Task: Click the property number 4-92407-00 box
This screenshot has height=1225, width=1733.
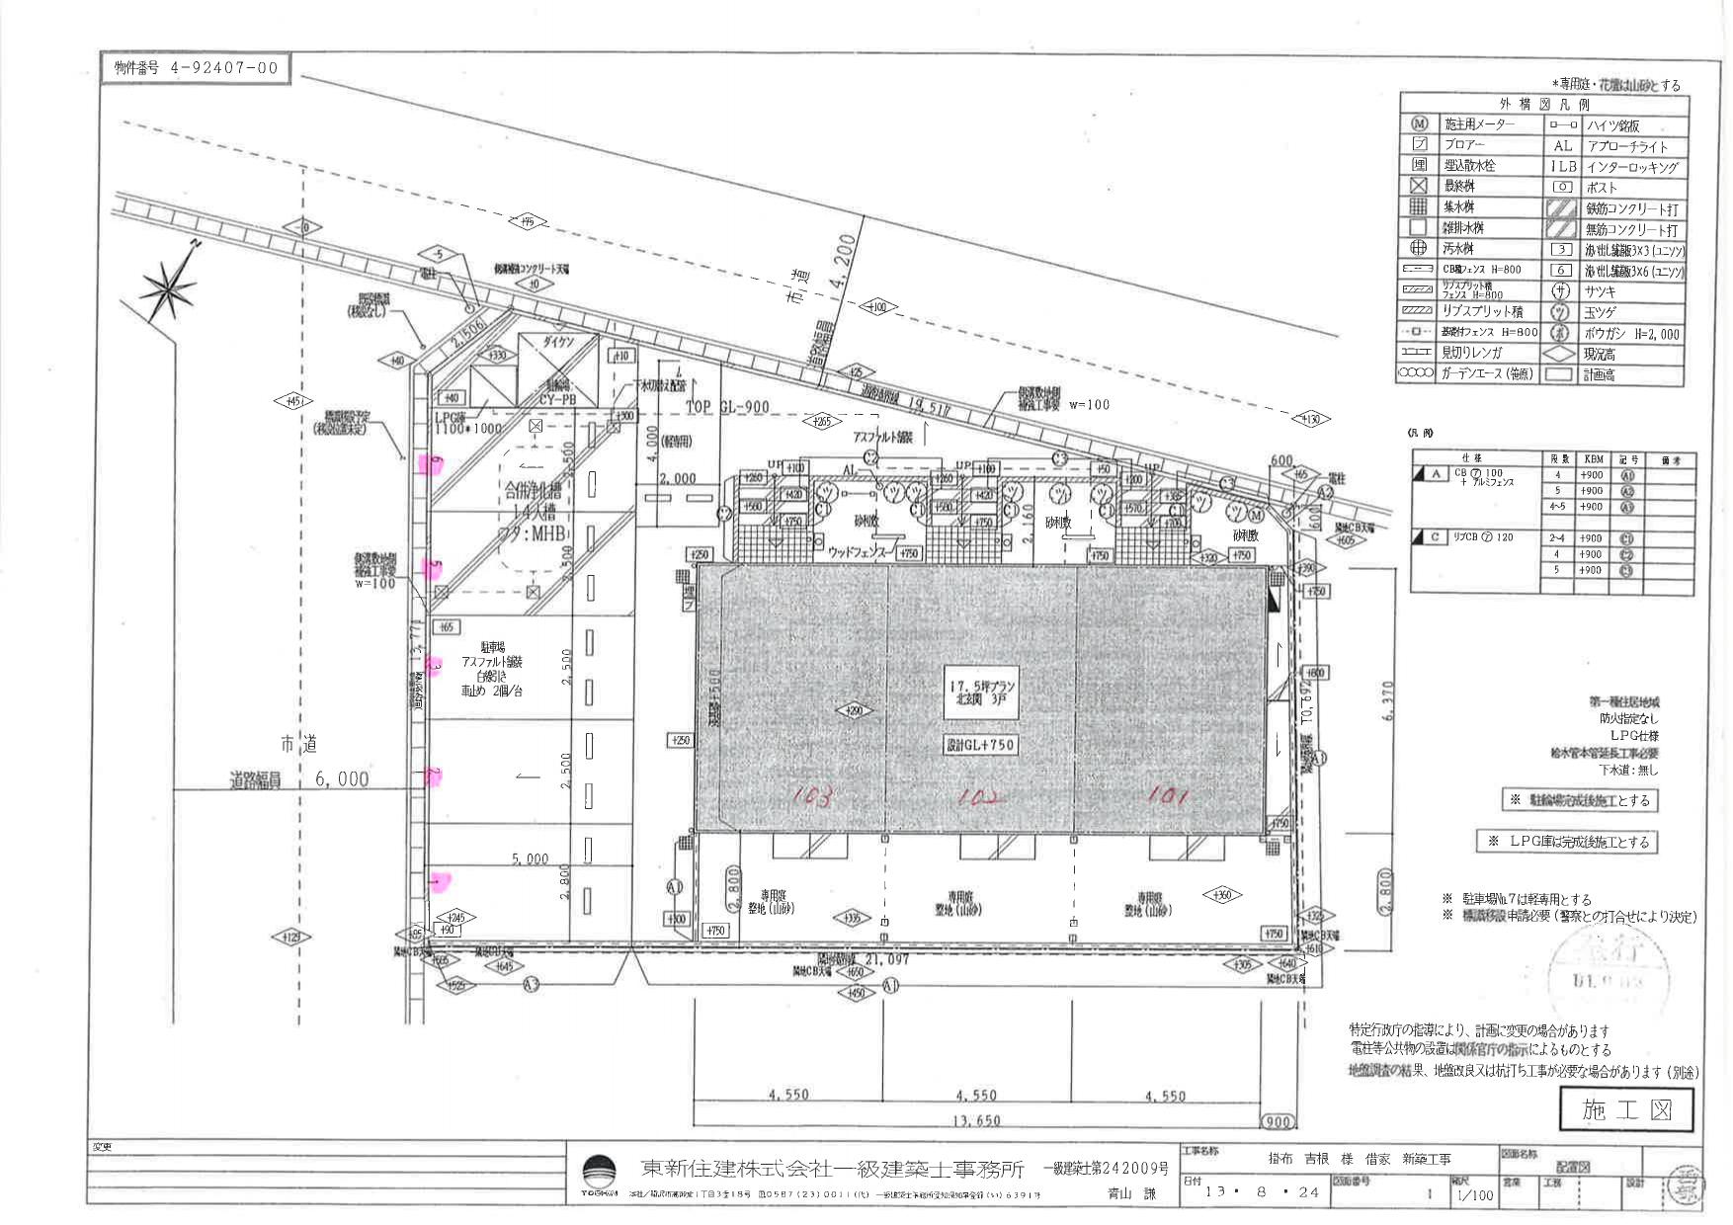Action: [x=196, y=68]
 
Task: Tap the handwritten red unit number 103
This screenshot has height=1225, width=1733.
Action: [x=812, y=795]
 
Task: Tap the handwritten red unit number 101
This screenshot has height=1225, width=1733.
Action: [x=1168, y=793]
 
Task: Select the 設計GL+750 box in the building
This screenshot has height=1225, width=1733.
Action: [x=979, y=744]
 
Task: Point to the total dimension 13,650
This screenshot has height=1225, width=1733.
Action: [x=975, y=1120]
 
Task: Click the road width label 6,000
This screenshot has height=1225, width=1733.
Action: [x=342, y=778]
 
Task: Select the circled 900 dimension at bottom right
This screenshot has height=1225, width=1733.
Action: [x=1277, y=1121]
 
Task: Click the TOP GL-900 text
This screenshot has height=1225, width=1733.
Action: [x=727, y=407]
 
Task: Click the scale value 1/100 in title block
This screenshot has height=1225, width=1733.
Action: [x=1474, y=1195]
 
